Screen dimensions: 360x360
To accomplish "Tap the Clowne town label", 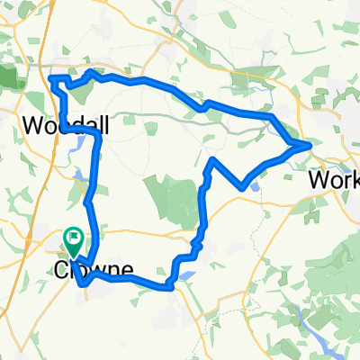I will (x=94, y=269).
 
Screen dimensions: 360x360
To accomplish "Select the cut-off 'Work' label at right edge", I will (x=333, y=179).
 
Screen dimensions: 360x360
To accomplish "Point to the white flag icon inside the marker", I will (x=73, y=239).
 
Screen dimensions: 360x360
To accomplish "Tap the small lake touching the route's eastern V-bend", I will (x=255, y=186).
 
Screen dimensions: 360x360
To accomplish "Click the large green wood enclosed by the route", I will (x=175, y=198).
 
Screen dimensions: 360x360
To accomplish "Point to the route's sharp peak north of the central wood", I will (x=212, y=159).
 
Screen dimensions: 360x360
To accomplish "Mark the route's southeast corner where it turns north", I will (x=170, y=287).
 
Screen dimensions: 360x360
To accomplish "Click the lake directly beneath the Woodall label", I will (x=83, y=142).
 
